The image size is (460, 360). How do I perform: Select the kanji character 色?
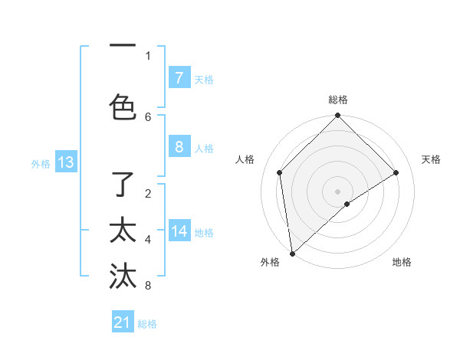click(x=123, y=106)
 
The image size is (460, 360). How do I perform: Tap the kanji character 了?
click(x=123, y=186)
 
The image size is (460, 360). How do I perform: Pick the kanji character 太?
click(x=123, y=231)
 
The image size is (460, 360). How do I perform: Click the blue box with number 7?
click(x=179, y=78)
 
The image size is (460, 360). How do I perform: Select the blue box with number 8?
click(x=179, y=147)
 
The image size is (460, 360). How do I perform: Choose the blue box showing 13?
click(x=65, y=162)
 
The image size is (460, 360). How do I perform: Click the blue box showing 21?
click(x=122, y=322)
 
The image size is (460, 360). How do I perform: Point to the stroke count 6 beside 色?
click(x=148, y=116)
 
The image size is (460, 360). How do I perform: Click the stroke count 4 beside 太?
click(x=148, y=240)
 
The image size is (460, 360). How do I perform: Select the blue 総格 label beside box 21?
click(x=147, y=324)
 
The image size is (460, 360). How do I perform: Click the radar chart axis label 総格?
click(x=338, y=100)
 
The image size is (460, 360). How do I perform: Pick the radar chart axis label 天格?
click(x=431, y=159)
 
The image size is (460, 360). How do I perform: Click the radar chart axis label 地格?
click(x=402, y=263)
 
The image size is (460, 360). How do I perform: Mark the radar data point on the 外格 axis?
click(x=292, y=254)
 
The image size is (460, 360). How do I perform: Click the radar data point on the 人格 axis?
click(x=280, y=172)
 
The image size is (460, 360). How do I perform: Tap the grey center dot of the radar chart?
click(x=337, y=191)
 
